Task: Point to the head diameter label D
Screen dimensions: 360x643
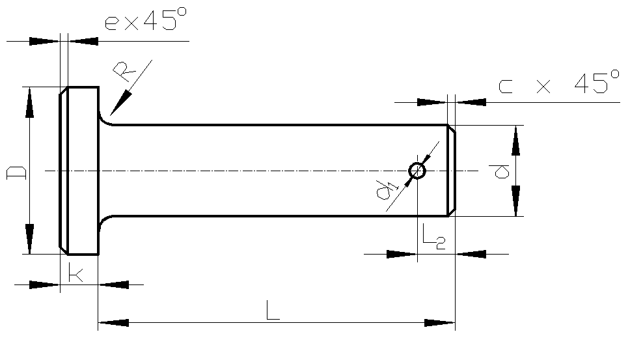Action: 16,172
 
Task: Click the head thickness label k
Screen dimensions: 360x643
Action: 75,274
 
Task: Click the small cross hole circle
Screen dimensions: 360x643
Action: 417,171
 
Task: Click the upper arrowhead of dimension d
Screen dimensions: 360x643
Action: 515,141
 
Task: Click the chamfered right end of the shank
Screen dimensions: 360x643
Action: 450,171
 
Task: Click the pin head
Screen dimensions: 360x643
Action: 79,171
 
